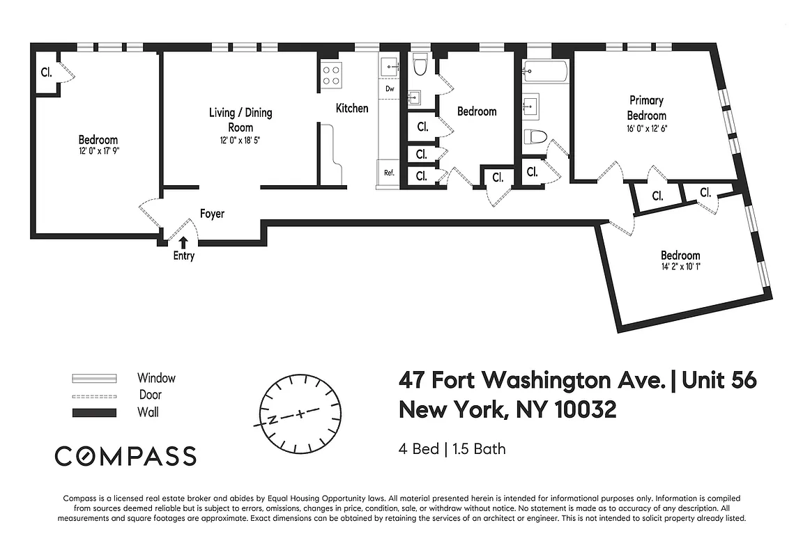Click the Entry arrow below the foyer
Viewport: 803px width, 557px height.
coord(183,242)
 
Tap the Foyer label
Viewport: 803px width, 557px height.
coord(212,214)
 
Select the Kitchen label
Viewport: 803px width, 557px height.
coord(352,108)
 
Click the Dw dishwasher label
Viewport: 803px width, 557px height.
coord(389,89)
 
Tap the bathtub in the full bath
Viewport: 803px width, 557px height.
coord(544,70)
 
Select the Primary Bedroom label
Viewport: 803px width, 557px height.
coord(646,108)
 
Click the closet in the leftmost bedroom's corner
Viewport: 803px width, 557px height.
coord(47,72)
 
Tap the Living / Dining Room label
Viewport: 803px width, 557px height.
coord(240,119)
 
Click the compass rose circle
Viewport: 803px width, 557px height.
coord(300,412)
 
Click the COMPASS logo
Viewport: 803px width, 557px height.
coord(125,456)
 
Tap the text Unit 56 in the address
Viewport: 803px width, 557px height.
coord(719,381)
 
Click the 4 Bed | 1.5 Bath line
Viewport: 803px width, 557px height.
coord(452,448)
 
